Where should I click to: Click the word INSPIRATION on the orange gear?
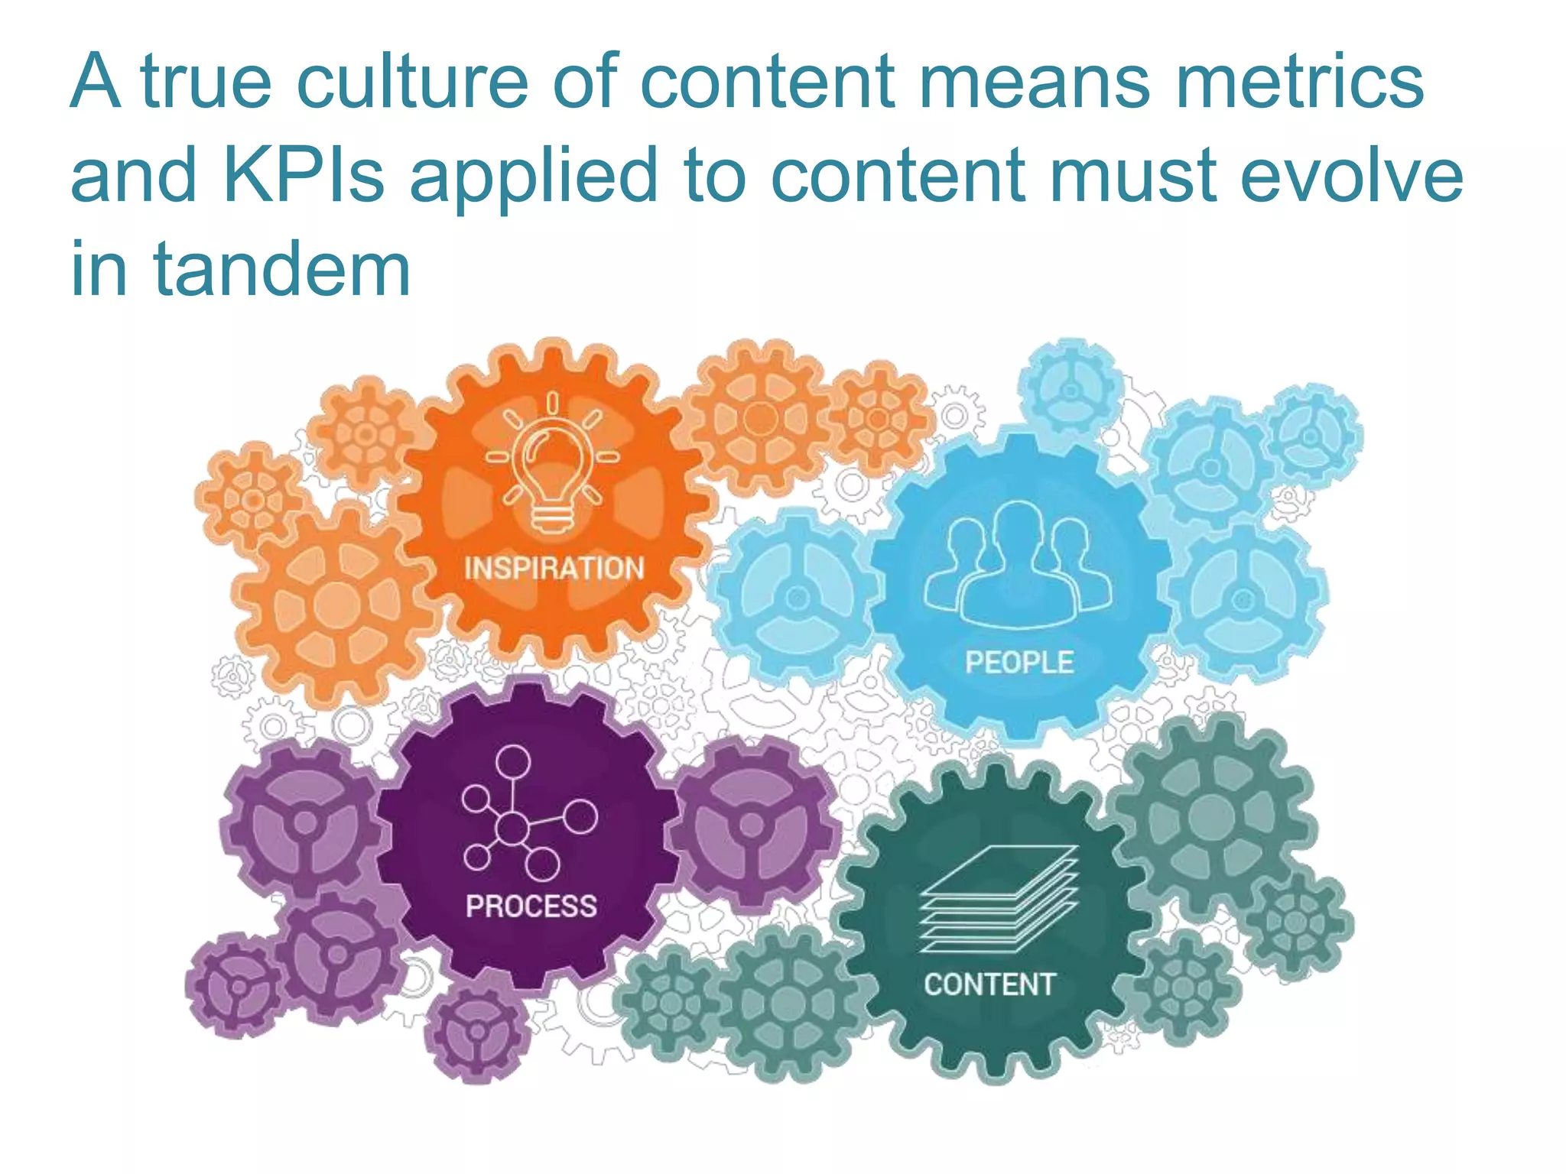(554, 569)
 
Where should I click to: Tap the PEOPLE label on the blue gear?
(1019, 662)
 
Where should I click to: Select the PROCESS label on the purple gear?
(531, 906)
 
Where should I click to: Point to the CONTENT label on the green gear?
(989, 984)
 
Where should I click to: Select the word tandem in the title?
(282, 269)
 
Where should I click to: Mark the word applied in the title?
(534, 177)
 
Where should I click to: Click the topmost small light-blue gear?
(1071, 390)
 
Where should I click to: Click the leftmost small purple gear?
(238, 985)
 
